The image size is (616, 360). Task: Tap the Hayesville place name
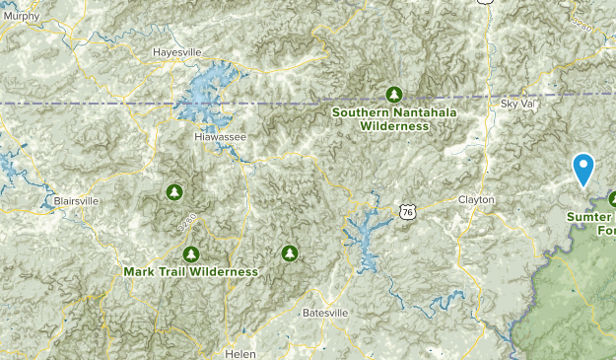[x=176, y=52]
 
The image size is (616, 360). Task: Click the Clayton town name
[x=476, y=199]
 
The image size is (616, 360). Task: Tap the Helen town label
[x=240, y=353]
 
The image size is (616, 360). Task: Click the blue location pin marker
[x=583, y=169]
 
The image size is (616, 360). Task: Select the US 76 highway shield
[x=407, y=211]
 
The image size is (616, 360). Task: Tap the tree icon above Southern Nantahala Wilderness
[x=393, y=94]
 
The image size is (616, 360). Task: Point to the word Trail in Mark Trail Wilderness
[x=175, y=270]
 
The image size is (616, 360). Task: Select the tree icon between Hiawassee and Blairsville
[x=174, y=190]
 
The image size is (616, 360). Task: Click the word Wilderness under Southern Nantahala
[x=394, y=126]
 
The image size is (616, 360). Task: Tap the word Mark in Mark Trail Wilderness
[x=140, y=270]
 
